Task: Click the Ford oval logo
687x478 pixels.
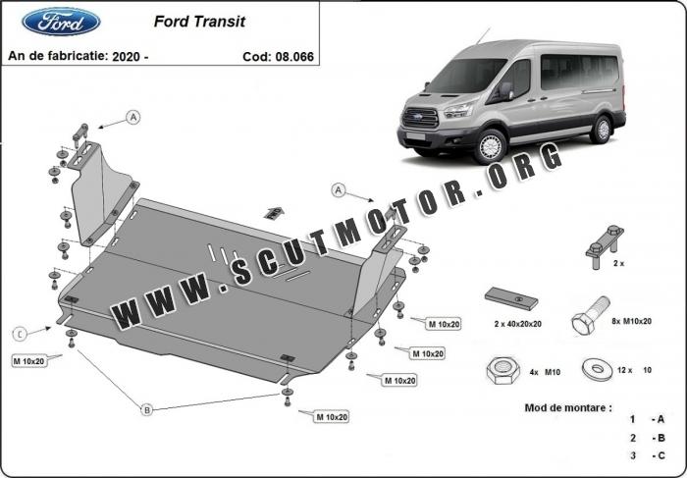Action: tap(60, 21)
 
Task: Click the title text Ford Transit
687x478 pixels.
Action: tap(200, 21)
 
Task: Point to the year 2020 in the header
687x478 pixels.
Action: tap(128, 57)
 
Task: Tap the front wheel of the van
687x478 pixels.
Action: tap(489, 144)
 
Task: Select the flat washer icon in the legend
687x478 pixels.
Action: tap(594, 370)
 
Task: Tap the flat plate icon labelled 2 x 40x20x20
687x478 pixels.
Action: tap(508, 298)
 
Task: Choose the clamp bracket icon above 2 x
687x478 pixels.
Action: tap(607, 243)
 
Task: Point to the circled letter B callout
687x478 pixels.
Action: tap(147, 408)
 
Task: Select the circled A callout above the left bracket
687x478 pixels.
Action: tap(133, 118)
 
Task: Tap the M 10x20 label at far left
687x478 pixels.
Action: tap(29, 362)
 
